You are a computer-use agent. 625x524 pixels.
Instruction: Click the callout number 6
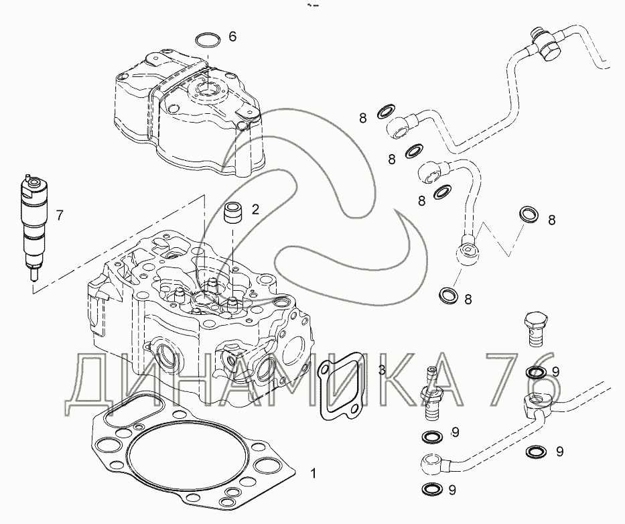click(232, 37)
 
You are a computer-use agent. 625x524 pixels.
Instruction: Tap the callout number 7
click(60, 216)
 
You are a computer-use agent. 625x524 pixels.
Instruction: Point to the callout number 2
click(255, 208)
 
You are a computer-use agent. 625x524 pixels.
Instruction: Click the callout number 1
click(314, 474)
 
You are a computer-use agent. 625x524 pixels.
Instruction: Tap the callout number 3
click(381, 370)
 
